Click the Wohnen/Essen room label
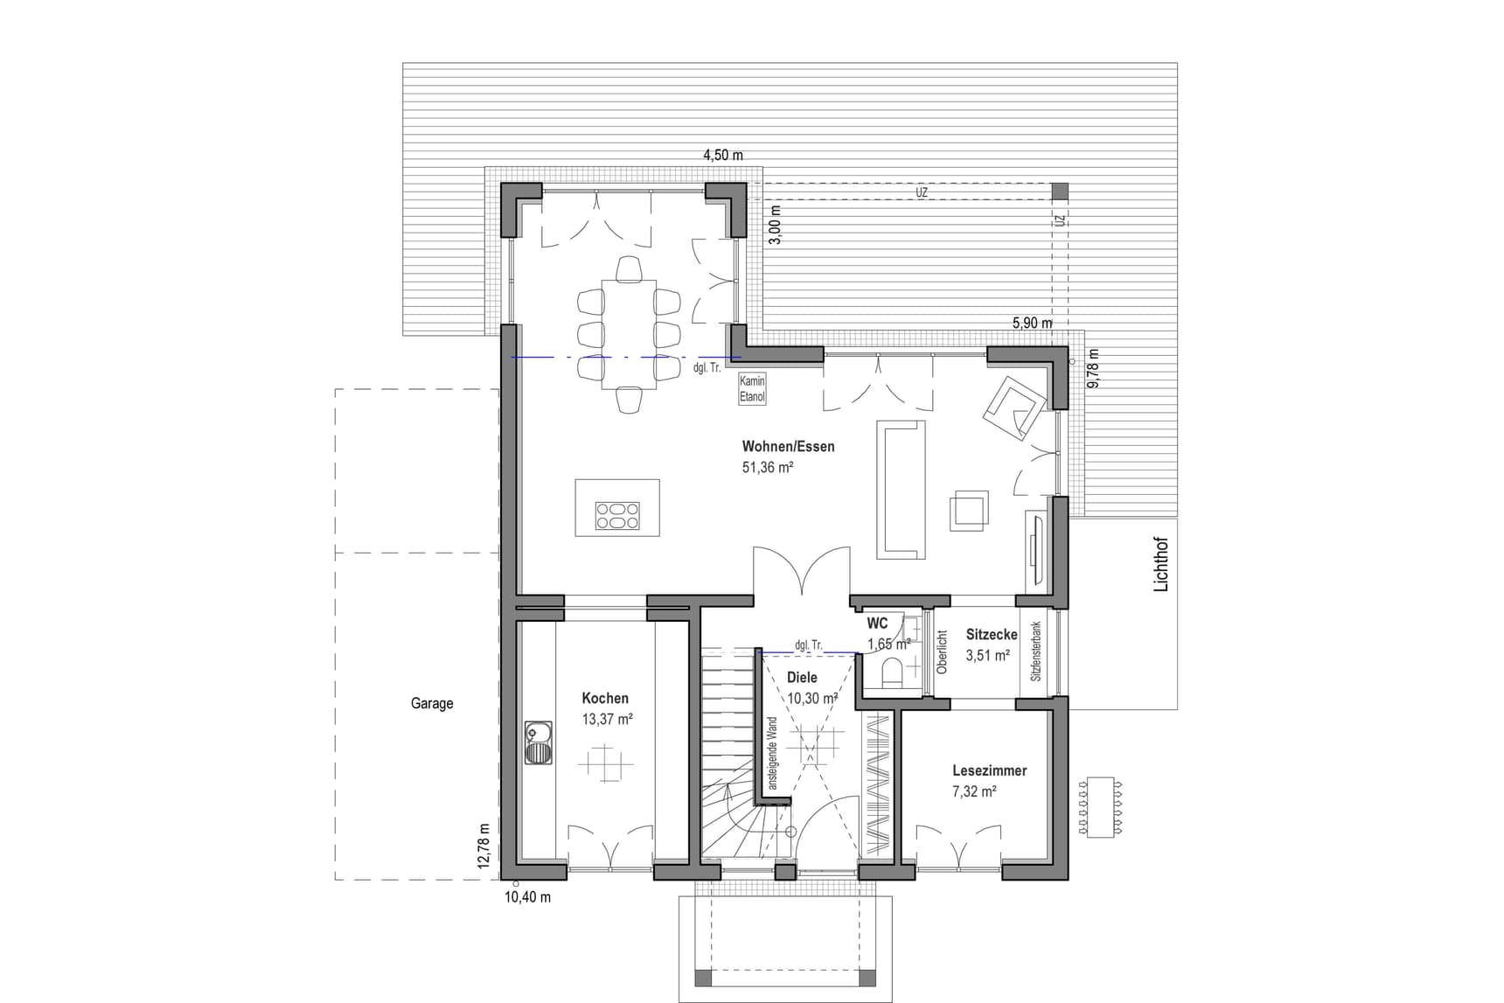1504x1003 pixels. point(788,447)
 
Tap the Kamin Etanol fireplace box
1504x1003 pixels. point(752,388)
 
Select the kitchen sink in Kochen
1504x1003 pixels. point(539,742)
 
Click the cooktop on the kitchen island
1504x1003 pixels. point(617,516)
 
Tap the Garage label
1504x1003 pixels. point(432,703)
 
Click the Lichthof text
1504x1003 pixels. point(1161,565)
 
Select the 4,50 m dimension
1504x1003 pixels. point(723,156)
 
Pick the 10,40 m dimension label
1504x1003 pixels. point(528,897)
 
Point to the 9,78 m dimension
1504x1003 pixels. point(1093,369)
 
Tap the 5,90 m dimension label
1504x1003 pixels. point(1033,323)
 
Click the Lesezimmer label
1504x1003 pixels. point(990,770)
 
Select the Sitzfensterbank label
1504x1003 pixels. point(1036,651)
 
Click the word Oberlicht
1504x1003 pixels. point(942,652)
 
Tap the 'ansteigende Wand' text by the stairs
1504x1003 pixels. point(772,754)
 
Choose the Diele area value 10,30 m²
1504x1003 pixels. point(812,699)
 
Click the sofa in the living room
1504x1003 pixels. point(901,490)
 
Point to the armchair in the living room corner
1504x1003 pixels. point(1014,407)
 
